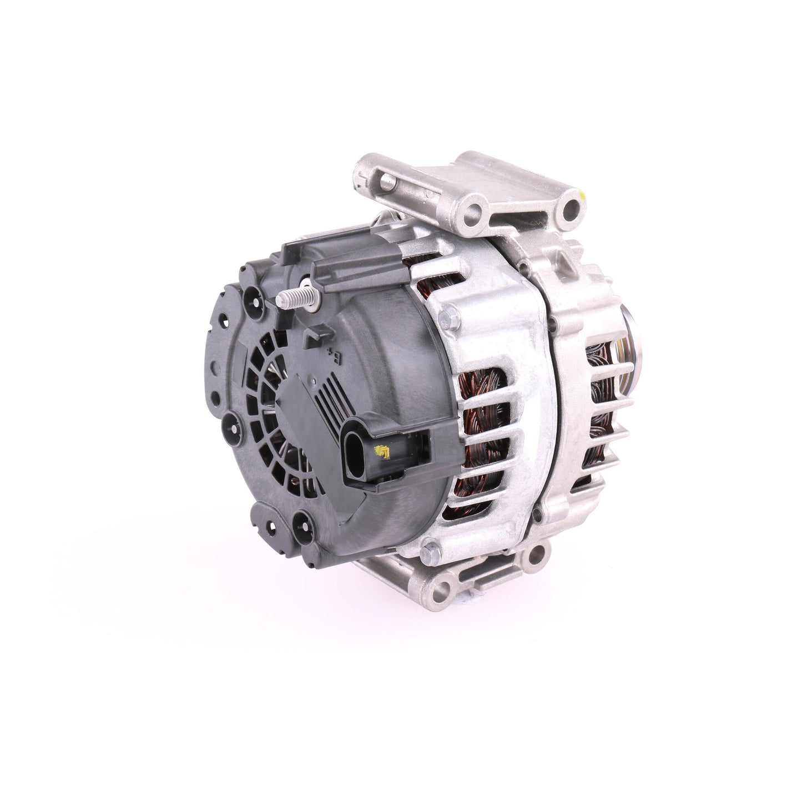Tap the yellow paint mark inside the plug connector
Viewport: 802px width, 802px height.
pyautogui.click(x=382, y=450)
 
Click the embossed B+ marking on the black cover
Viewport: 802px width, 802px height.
pyautogui.click(x=332, y=351)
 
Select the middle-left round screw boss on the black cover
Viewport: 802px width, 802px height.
pyautogui.click(x=231, y=426)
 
